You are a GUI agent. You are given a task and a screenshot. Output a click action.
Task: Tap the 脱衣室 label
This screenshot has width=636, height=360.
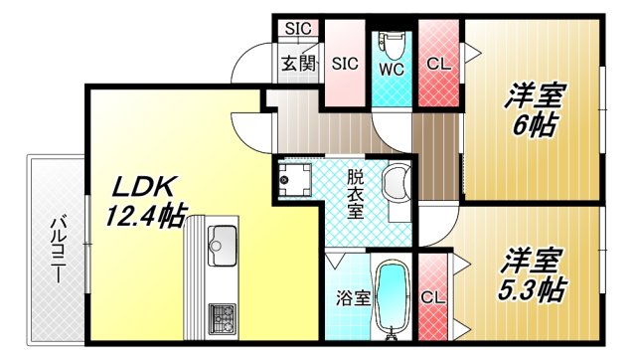(x=355, y=194)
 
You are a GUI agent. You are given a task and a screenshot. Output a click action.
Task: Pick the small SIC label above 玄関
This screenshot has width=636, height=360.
(x=297, y=28)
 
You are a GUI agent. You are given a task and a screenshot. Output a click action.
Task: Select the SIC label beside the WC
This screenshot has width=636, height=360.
(x=345, y=64)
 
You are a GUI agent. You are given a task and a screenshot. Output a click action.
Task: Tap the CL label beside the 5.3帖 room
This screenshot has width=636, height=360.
(x=431, y=296)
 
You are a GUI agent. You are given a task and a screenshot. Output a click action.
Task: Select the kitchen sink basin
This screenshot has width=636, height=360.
(x=221, y=245)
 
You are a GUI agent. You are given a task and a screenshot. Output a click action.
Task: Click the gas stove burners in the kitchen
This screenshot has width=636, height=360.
(x=221, y=318)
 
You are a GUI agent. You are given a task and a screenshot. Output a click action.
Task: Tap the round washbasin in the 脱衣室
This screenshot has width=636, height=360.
(x=397, y=185)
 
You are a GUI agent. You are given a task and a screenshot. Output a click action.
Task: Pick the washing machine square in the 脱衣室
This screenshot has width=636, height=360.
(x=295, y=180)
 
